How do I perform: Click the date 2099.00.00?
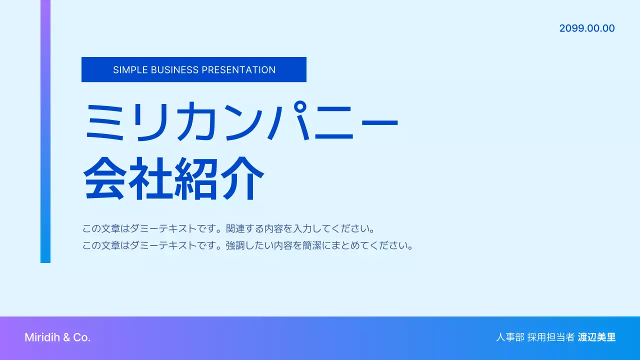(587, 28)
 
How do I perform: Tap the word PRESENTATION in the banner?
(238, 70)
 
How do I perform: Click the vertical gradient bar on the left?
(45, 131)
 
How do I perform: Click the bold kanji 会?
(104, 178)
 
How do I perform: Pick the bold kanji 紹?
(196, 178)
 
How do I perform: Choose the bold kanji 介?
(242, 178)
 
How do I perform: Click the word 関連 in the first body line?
(235, 229)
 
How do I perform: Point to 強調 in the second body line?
(235, 246)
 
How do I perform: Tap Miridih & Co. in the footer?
(57, 337)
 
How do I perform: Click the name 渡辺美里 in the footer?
(596, 337)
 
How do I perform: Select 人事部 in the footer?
(510, 337)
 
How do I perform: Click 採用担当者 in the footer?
(551, 337)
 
